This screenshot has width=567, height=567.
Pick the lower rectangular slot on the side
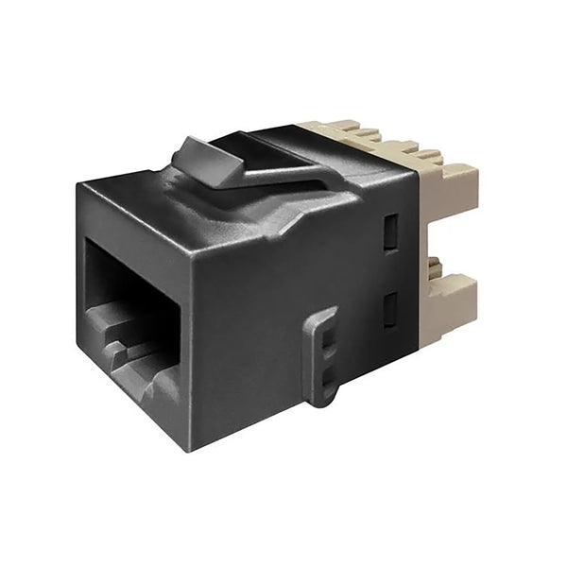[388, 306]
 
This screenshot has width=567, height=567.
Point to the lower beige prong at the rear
[452, 306]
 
